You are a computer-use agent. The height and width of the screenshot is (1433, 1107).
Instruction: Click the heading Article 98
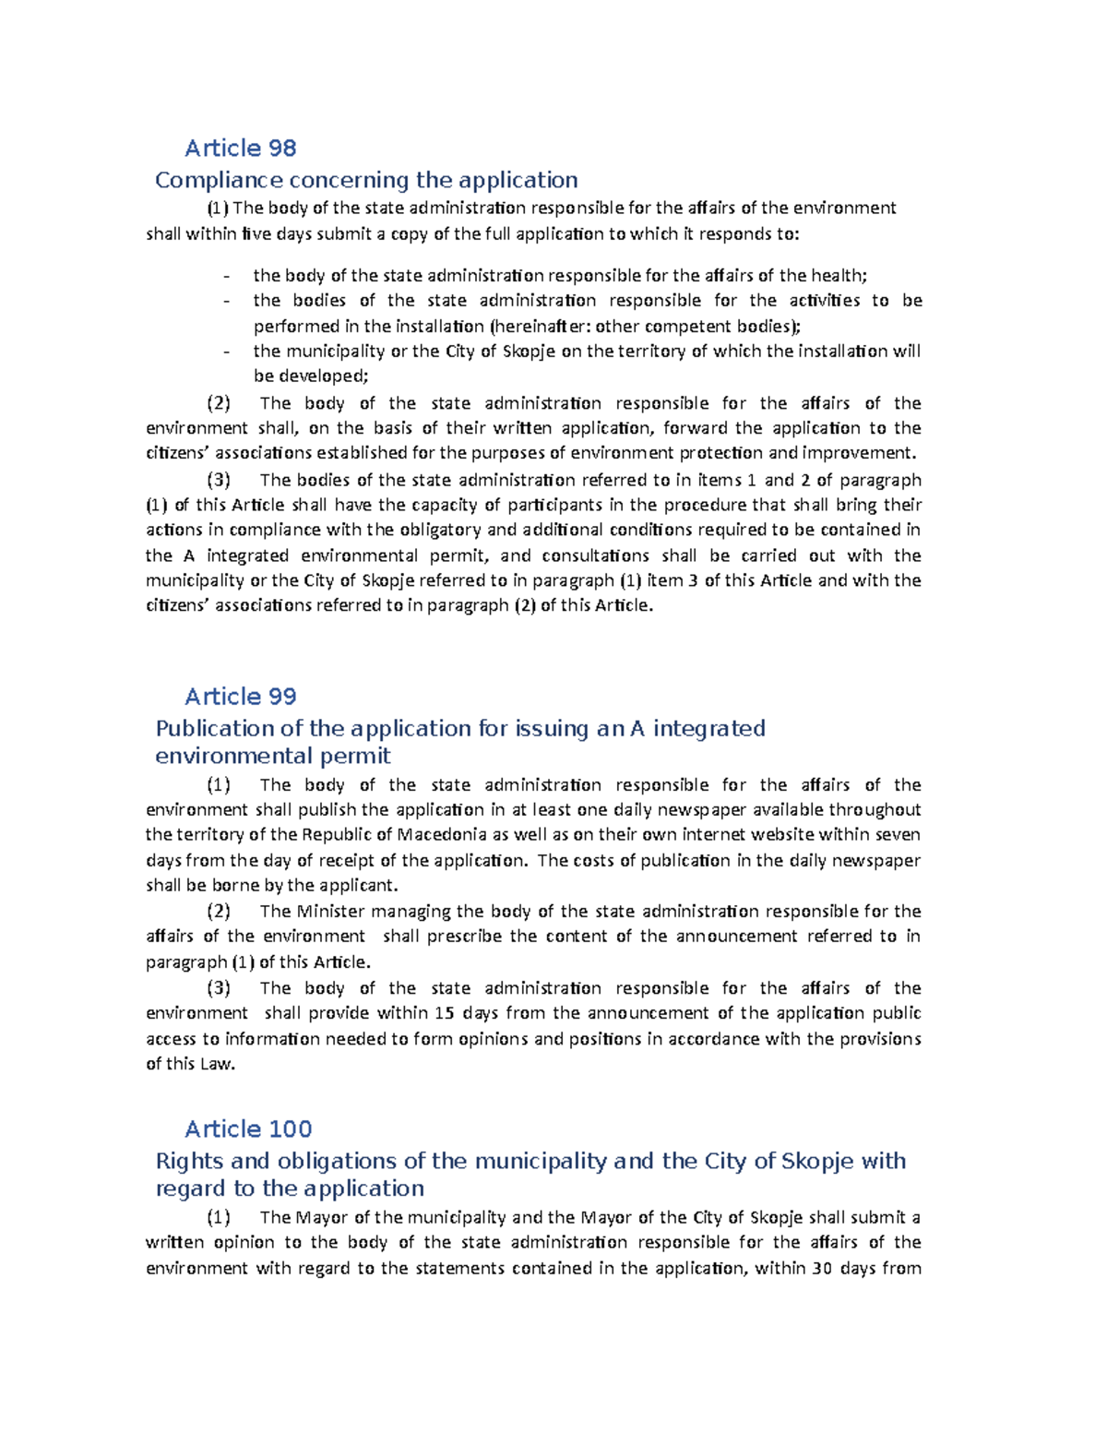pos(240,148)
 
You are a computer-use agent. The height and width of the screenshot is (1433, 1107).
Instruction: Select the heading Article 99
pos(240,696)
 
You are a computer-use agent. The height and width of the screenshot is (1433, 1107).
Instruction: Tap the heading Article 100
pos(248,1128)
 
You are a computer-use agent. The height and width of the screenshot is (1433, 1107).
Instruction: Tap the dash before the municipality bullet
pos(226,352)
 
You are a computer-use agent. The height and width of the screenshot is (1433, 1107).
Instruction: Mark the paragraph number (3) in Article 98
pos(219,480)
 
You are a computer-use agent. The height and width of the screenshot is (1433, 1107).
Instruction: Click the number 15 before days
pos(444,1013)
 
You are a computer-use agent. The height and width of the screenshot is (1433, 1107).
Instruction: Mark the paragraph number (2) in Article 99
pos(219,912)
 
